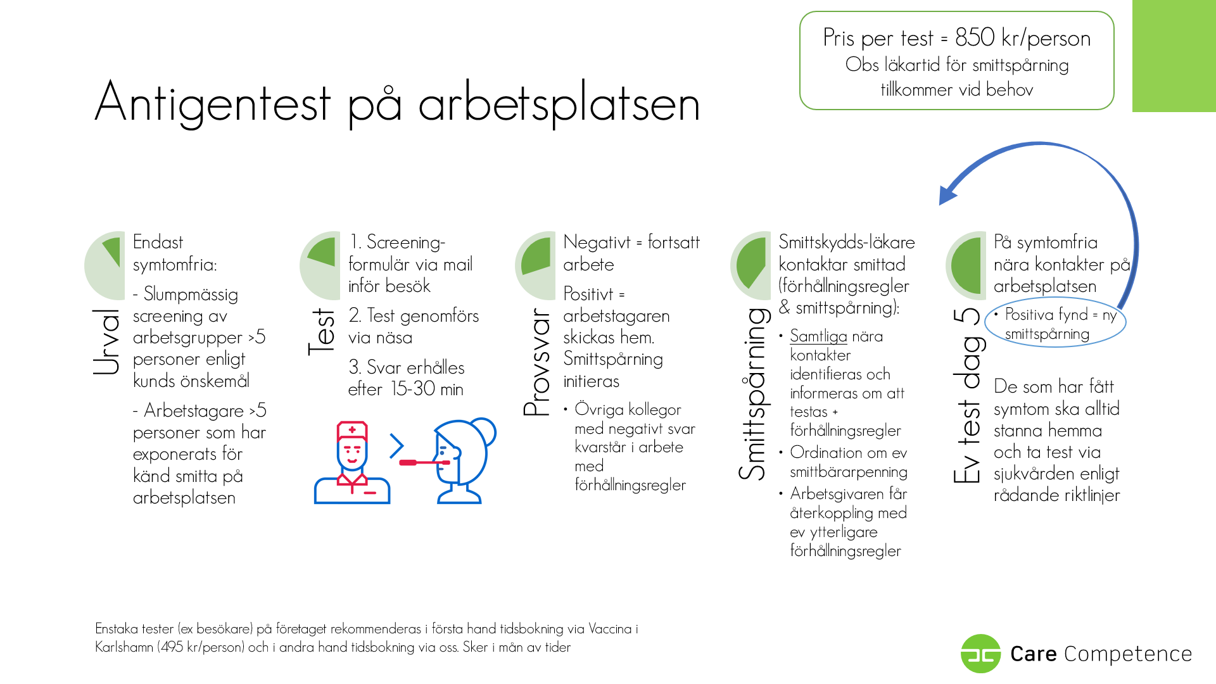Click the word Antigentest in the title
(213, 103)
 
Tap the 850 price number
(975, 37)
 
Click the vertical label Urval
(106, 342)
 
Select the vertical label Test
(321, 332)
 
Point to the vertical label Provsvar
(537, 362)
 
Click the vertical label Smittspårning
(754, 394)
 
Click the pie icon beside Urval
(105, 265)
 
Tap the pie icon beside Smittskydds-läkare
(751, 265)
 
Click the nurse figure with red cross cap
(352, 462)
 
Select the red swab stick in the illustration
(424, 462)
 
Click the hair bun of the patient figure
(484, 432)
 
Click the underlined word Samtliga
(818, 336)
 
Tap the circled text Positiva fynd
(1046, 315)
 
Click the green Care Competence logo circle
(980, 654)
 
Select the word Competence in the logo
(1128, 654)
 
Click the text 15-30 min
(427, 389)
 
